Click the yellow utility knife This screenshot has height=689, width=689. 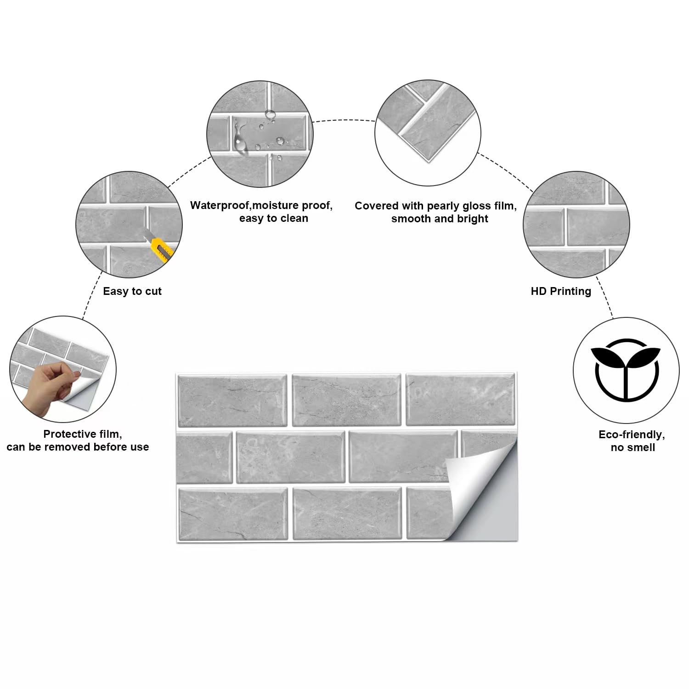pyautogui.click(x=159, y=247)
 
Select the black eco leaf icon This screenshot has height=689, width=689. pyautogui.click(x=625, y=370)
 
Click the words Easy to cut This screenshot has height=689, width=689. pyautogui.click(x=132, y=291)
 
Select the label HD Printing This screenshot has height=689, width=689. pyautogui.click(x=561, y=291)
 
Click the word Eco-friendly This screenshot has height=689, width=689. pyautogui.click(x=632, y=435)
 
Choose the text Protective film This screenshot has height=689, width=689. pyautogui.click(x=83, y=434)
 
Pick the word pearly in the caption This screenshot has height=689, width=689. pyautogui.click(x=443, y=206)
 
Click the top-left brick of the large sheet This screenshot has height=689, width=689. pyautogui.click(x=232, y=400)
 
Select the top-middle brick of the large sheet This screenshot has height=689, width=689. pyautogui.click(x=346, y=400)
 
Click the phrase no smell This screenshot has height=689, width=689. pyautogui.click(x=633, y=447)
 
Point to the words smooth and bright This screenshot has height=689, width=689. pyautogui.click(x=440, y=219)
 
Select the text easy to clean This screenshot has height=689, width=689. pyautogui.click(x=273, y=218)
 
